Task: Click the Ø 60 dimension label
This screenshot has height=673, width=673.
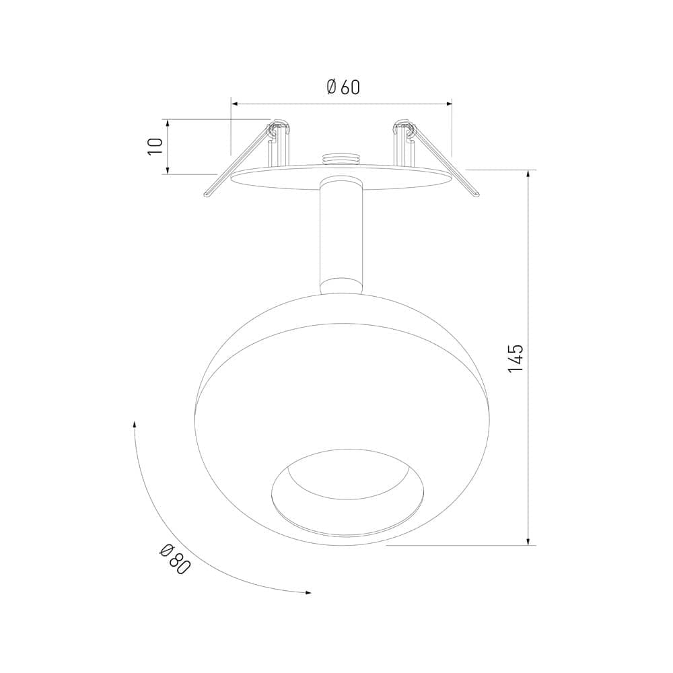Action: [343, 87]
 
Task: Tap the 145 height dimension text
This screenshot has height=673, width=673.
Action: [516, 358]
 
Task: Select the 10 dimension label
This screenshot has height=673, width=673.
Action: [155, 147]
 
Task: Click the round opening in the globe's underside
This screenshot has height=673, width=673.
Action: [348, 493]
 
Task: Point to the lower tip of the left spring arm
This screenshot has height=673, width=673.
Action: [207, 195]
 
